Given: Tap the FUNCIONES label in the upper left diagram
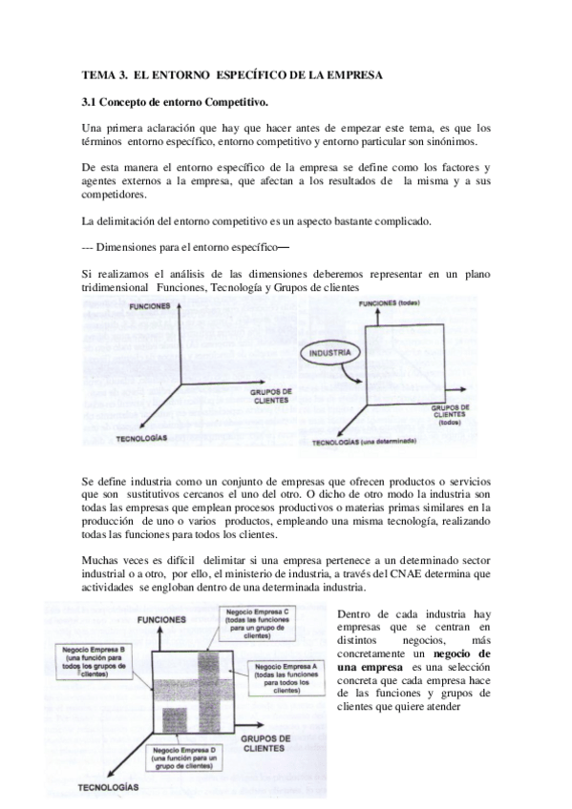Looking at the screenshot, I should (150, 307).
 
